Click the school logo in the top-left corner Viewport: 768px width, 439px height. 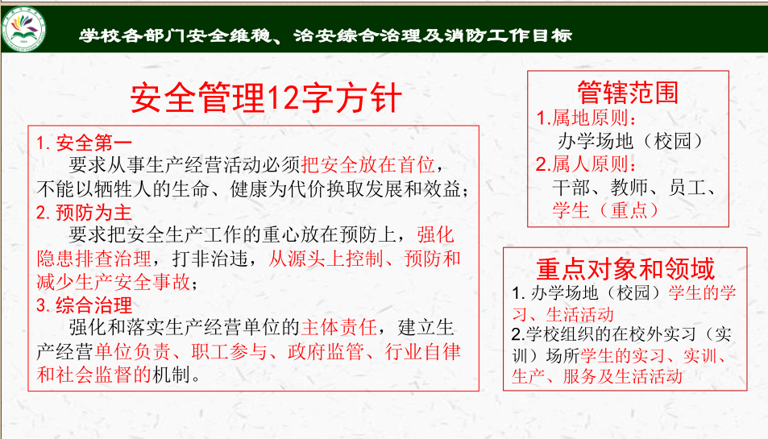pyautogui.click(x=23, y=29)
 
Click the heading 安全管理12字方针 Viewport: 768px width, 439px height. pyautogui.click(x=266, y=98)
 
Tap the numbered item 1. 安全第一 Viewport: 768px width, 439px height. pyautogui.click(x=85, y=143)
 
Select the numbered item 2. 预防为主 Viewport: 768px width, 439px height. pyautogui.click(x=85, y=213)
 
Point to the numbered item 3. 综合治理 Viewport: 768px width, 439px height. pyautogui.click(x=85, y=305)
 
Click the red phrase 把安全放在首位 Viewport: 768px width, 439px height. pyautogui.click(x=367, y=165)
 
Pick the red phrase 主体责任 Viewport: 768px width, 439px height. pyautogui.click(x=339, y=328)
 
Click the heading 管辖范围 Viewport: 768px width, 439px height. pyautogui.click(x=628, y=92)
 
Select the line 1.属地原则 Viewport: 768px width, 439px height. pyautogui.click(x=586, y=118)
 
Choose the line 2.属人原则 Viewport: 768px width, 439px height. pyautogui.click(x=586, y=164)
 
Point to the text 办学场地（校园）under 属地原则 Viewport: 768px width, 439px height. pyautogui.click(x=631, y=142)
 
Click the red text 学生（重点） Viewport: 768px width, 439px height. pyautogui.click(x=606, y=210)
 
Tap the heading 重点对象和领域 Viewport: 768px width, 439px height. pyautogui.click(x=625, y=269)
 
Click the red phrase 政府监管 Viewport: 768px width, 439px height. pyautogui.click(x=326, y=352)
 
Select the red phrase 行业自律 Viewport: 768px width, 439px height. pyautogui.click(x=423, y=352)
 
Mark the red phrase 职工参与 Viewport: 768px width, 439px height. pyautogui.click(x=229, y=352)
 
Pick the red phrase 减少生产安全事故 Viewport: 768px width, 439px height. pyautogui.click(x=113, y=282)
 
